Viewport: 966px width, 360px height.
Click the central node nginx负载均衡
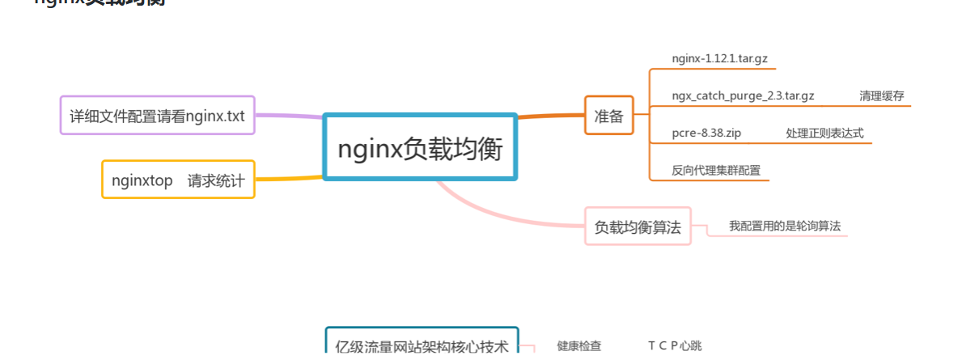pos(420,147)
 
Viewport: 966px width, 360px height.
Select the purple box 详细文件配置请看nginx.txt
pos(158,115)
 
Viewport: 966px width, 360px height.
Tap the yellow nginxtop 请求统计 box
pos(178,180)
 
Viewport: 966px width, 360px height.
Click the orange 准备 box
pos(608,115)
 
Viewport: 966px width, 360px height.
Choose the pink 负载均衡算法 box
pos(638,227)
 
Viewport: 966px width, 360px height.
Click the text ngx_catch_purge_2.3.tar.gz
pos(743,95)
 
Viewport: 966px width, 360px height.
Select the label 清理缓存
pos(881,95)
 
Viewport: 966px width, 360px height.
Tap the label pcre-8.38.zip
pos(706,133)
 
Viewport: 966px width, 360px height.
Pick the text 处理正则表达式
pos(824,133)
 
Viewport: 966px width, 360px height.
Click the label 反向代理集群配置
pos(716,170)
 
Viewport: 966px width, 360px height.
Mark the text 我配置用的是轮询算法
pos(785,226)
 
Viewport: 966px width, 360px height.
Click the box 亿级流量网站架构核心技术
pos(422,346)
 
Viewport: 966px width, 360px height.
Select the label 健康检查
pos(578,346)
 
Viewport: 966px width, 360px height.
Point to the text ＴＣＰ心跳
pos(675,346)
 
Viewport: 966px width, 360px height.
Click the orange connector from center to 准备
pos(550,116)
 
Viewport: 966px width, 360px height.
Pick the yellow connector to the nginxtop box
pos(289,179)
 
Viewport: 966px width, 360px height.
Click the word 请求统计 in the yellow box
pos(216,180)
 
